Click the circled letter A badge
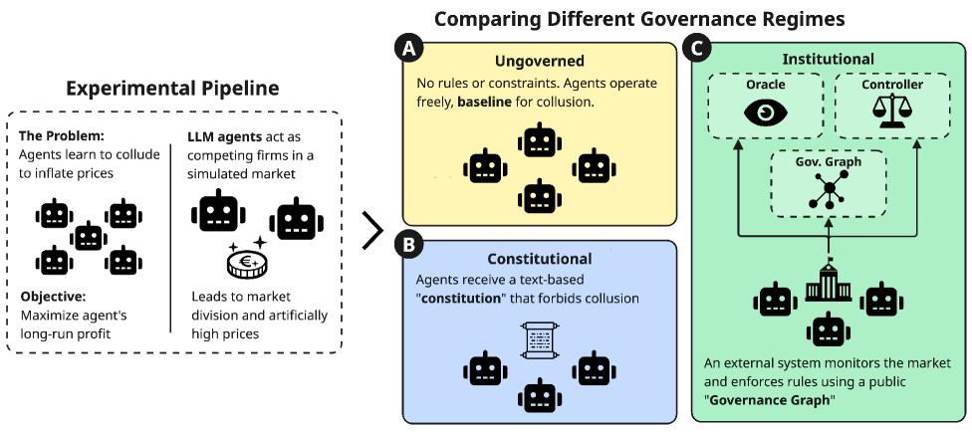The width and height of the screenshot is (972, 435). (405, 48)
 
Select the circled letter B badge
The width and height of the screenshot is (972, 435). (405, 242)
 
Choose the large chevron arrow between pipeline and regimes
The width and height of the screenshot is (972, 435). (372, 230)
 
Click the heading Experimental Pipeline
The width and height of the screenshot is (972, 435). (172, 88)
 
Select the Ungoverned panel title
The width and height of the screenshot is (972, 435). (539, 61)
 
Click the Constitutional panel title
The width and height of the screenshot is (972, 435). (539, 259)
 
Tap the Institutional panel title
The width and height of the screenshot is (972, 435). (828, 59)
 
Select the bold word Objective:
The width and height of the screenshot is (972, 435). (52, 297)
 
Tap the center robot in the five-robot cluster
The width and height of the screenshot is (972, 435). (90, 236)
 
